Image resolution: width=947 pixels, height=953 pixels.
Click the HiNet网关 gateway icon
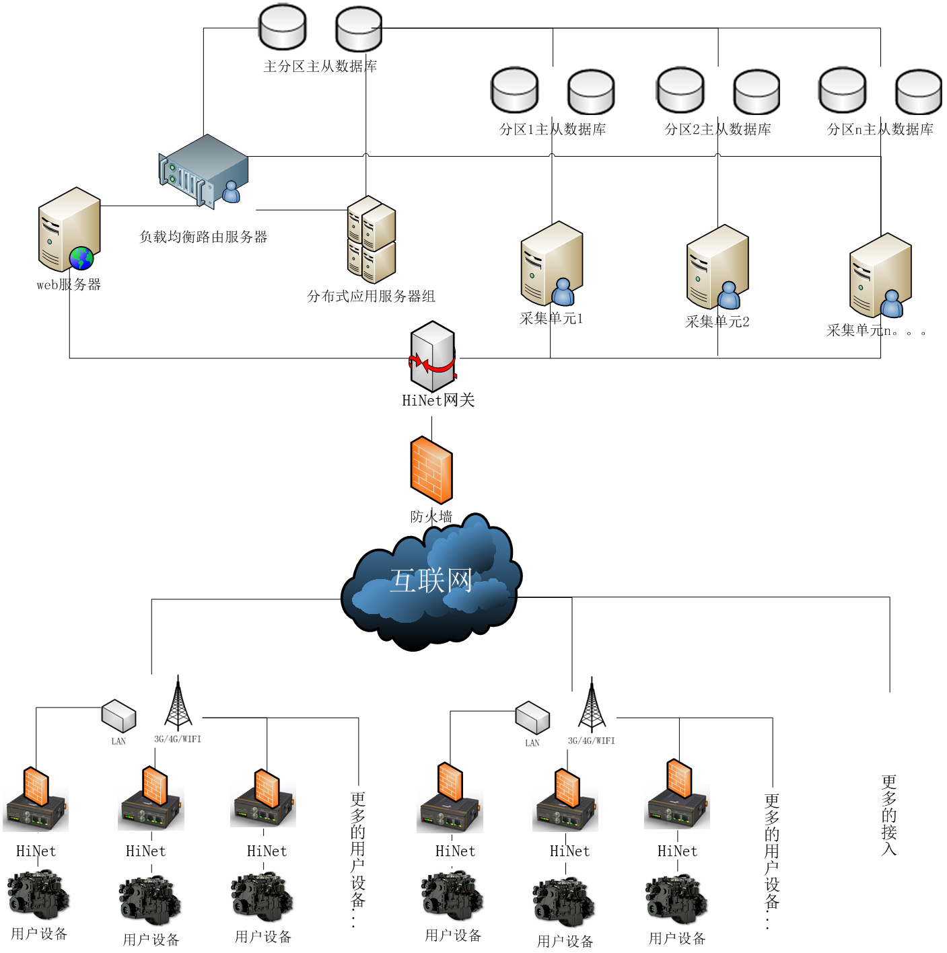[433, 356]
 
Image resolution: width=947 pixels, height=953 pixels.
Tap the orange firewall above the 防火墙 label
[431, 470]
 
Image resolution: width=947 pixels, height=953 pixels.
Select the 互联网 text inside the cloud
[431, 580]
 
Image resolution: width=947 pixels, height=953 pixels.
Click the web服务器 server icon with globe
[69, 229]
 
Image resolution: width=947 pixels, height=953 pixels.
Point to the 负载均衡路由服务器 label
[203, 237]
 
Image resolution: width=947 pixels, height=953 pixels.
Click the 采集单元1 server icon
[551, 264]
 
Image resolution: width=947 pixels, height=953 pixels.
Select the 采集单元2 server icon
[717, 267]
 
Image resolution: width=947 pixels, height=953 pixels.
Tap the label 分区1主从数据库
[553, 129]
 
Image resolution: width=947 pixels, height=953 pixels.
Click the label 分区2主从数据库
[718, 129]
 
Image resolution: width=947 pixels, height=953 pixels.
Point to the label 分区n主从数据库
[880, 129]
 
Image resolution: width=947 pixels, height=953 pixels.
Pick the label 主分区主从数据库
[320, 66]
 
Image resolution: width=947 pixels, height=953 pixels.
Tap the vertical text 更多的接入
[889, 814]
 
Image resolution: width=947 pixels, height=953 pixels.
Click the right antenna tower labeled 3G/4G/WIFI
[592, 706]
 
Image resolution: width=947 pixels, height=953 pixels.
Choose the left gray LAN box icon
[118, 716]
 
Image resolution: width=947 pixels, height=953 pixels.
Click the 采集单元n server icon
[880, 275]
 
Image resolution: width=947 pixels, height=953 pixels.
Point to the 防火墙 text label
[431, 517]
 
